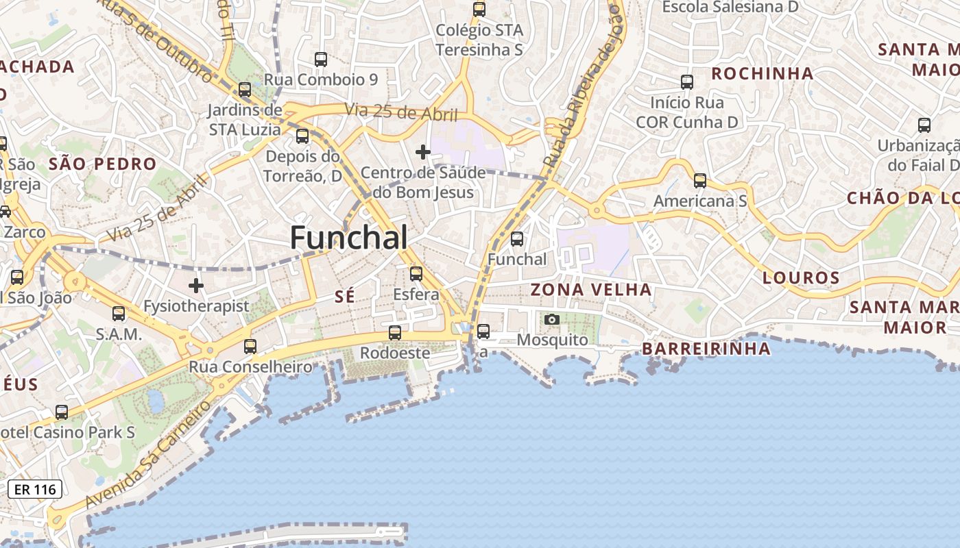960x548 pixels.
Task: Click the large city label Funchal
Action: pyautogui.click(x=348, y=238)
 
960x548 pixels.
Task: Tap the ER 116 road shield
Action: pyautogui.click(x=35, y=489)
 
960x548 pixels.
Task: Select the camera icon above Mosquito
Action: pyautogui.click(x=552, y=319)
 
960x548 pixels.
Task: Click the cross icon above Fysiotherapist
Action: pyautogui.click(x=197, y=285)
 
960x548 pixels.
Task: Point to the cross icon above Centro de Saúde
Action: pyautogui.click(x=423, y=151)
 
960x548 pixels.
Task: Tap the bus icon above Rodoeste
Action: pyautogui.click(x=395, y=333)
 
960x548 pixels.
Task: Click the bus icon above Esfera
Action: pyautogui.click(x=416, y=274)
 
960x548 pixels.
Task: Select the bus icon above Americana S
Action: pyautogui.click(x=700, y=181)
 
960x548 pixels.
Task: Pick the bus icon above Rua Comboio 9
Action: pyautogui.click(x=321, y=59)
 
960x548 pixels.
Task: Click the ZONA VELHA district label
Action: pyautogui.click(x=591, y=290)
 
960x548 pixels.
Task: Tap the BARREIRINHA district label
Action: pyautogui.click(x=706, y=349)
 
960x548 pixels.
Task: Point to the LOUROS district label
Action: pyautogui.click(x=801, y=277)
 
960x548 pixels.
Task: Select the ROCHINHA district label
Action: pyautogui.click(x=762, y=73)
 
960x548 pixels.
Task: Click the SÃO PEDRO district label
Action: pyautogui.click(x=103, y=164)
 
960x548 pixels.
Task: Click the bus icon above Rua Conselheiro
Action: pyautogui.click(x=250, y=347)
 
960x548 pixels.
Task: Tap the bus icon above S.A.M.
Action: pyautogui.click(x=119, y=314)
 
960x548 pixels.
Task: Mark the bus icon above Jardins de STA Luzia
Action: pyautogui.click(x=245, y=90)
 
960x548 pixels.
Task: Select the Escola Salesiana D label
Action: pyautogui.click(x=730, y=7)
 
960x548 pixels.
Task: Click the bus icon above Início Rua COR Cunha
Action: pyautogui.click(x=687, y=82)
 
